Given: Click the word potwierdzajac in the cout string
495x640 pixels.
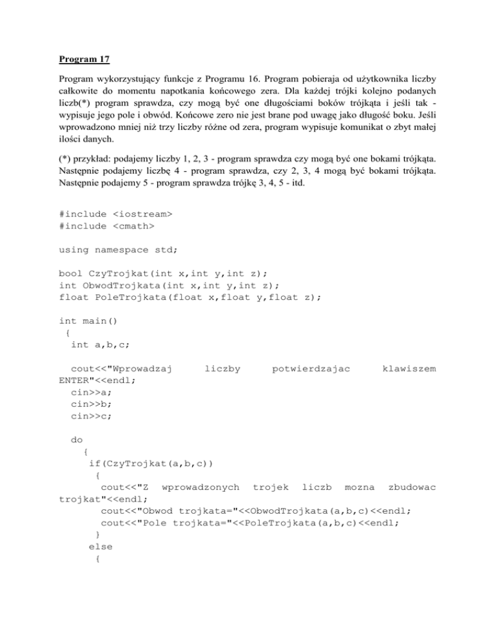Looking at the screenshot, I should (x=311, y=368).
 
